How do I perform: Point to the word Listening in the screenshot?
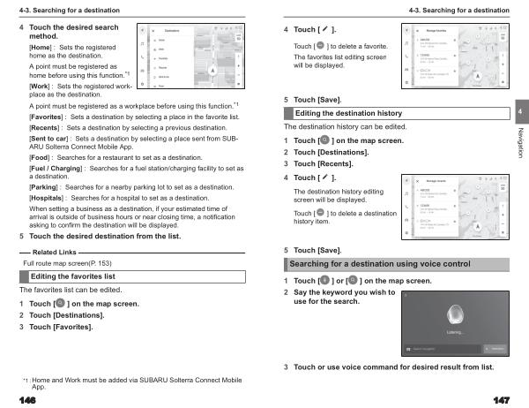click(456, 332)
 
